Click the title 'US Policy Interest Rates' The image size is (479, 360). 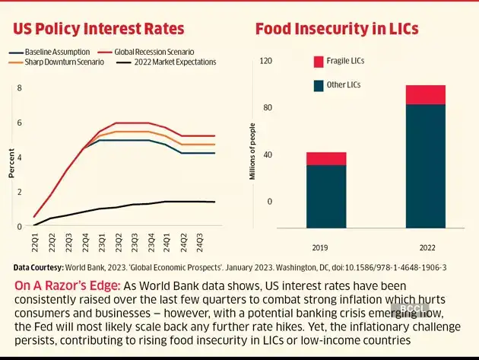tap(99, 29)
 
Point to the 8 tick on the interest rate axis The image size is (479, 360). tap(20, 88)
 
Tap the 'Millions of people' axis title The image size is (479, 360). tap(251, 152)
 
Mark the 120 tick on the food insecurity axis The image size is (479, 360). tap(266, 61)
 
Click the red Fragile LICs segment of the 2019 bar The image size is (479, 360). tap(326, 158)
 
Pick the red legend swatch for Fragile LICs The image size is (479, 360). tap(319, 61)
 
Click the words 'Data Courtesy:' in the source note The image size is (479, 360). tap(36, 268)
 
